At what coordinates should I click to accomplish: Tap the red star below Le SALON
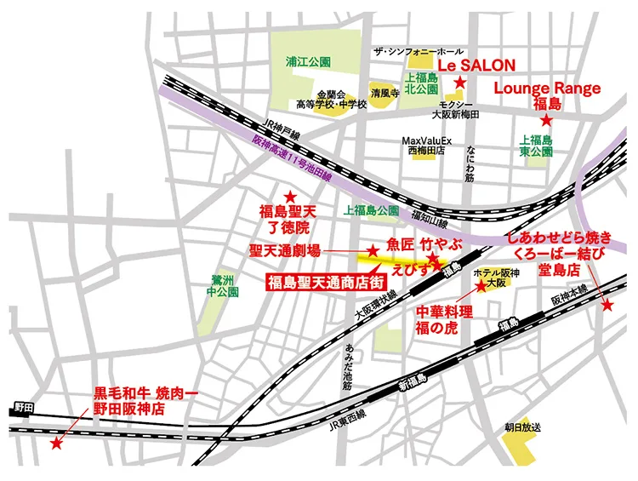[459, 83]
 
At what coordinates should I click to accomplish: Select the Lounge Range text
[547, 88]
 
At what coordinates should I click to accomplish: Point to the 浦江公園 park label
[308, 62]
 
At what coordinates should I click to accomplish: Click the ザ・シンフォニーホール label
[419, 51]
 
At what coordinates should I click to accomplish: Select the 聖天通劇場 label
[286, 250]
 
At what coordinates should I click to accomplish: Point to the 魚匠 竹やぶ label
[423, 243]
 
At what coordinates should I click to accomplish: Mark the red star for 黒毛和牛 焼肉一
[56, 444]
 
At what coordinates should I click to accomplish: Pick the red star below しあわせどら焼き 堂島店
[607, 306]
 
